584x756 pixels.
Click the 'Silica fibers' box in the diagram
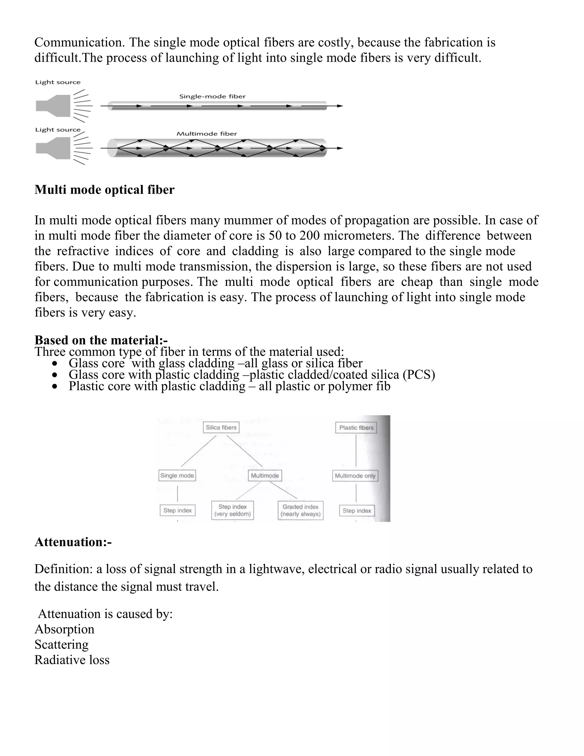[221, 428]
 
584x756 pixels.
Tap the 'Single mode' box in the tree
[177, 475]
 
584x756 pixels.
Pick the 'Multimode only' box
[355, 476]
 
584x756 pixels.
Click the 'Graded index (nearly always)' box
[300, 510]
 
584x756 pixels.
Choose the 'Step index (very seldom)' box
[232, 510]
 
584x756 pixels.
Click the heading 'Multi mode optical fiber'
[104, 190]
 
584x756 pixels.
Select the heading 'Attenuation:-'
[73, 542]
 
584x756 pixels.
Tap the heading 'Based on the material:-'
[101, 340]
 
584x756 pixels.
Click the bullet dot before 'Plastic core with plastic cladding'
[55, 386]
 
